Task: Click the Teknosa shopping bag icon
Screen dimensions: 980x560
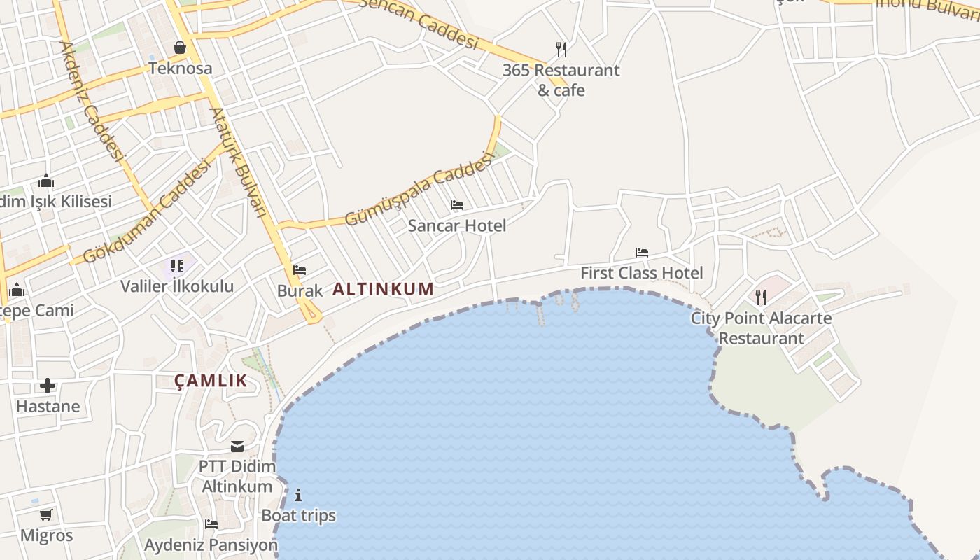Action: pyautogui.click(x=180, y=48)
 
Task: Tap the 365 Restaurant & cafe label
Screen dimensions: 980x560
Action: pyautogui.click(x=561, y=80)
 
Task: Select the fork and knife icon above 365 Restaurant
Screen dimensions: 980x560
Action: pyautogui.click(x=561, y=49)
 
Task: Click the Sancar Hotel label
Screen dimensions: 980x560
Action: pyautogui.click(x=456, y=225)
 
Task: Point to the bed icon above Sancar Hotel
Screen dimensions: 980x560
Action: pyautogui.click(x=457, y=205)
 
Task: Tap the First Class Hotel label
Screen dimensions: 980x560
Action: pyautogui.click(x=641, y=273)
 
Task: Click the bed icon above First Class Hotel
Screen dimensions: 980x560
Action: pyautogui.click(x=641, y=252)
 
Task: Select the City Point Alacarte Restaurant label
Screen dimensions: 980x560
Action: pyautogui.click(x=762, y=328)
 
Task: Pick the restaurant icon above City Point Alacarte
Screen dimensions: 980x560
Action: pyautogui.click(x=761, y=297)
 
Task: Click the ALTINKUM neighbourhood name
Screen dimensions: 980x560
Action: pyautogui.click(x=383, y=289)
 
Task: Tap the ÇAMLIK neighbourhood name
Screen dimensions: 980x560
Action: pyautogui.click(x=211, y=381)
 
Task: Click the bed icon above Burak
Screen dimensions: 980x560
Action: pyautogui.click(x=300, y=270)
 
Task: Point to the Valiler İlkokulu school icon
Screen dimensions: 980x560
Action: pyautogui.click(x=177, y=266)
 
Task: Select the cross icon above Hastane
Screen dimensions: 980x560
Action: pyautogui.click(x=48, y=386)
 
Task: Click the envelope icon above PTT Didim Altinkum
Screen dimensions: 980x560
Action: pyautogui.click(x=237, y=447)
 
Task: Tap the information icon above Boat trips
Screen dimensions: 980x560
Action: pyautogui.click(x=298, y=496)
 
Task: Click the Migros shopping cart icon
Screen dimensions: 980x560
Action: pyautogui.click(x=46, y=515)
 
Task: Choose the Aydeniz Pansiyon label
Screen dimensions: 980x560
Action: pyautogui.click(x=211, y=545)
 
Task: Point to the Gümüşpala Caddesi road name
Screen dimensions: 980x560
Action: pyautogui.click(x=419, y=190)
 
